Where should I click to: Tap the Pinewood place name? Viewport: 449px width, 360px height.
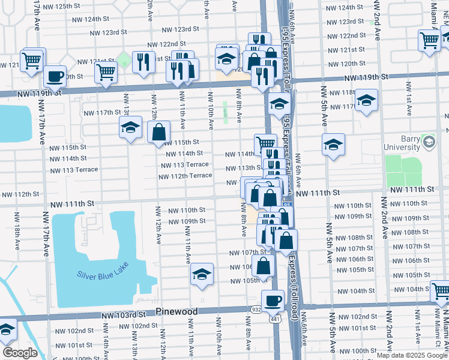point(176,312)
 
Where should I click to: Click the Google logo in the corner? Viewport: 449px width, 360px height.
point(20,353)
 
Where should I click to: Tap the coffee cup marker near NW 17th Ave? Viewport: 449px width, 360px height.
point(55,77)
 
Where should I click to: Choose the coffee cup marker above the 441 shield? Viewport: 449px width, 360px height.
point(273,300)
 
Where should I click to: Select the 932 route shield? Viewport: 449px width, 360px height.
point(256,308)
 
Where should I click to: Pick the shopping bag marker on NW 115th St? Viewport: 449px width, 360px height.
point(158,133)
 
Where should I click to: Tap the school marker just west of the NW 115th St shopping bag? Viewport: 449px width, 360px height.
point(130,128)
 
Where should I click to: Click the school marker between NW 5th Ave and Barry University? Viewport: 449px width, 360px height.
point(333,145)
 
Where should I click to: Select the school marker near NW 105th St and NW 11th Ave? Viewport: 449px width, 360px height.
point(202,275)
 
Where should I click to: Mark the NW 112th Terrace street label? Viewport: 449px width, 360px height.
point(185,176)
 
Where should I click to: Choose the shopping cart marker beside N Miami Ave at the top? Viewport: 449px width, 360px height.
point(430,41)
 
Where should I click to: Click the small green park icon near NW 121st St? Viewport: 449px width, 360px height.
point(124,59)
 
